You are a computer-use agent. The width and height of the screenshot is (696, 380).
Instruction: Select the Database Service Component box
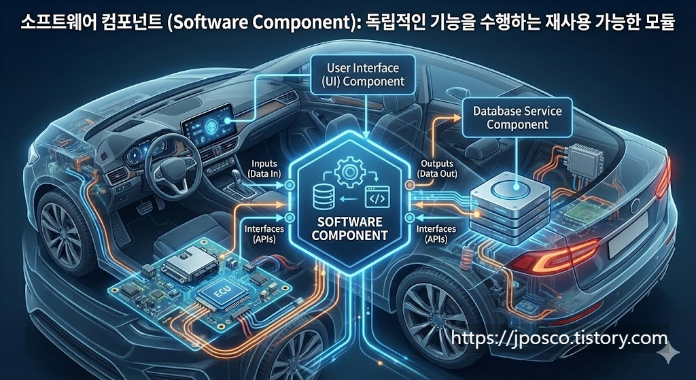(x=517, y=116)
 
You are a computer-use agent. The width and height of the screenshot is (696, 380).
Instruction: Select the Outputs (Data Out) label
(x=434, y=169)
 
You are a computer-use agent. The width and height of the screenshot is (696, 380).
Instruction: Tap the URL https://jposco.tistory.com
(x=559, y=338)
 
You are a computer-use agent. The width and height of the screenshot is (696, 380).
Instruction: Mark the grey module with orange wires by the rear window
(x=584, y=160)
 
